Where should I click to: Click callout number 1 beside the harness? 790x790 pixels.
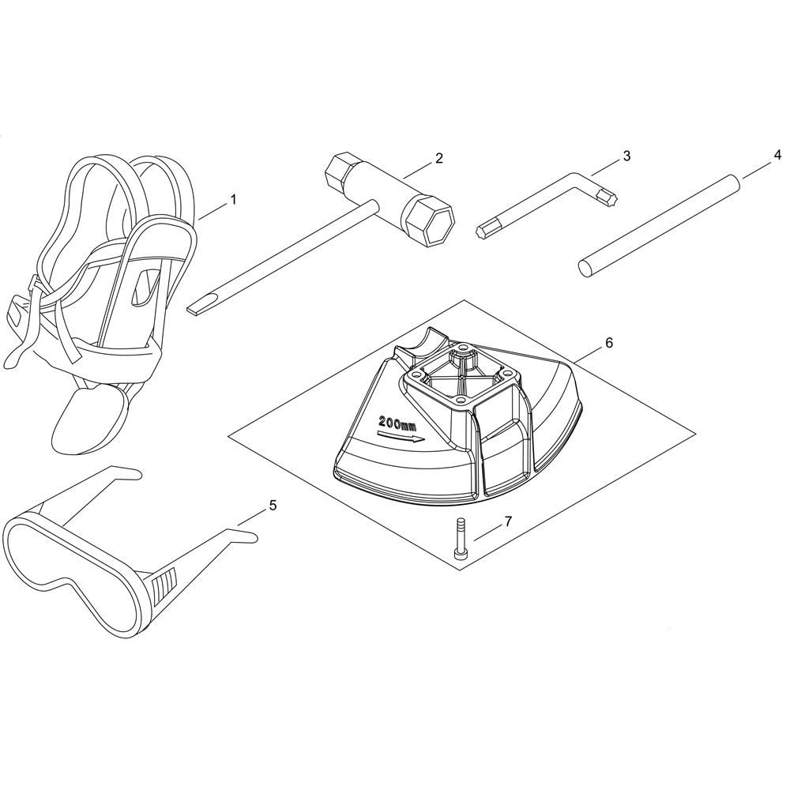(x=233, y=200)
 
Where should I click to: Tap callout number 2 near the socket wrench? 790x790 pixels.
(x=439, y=158)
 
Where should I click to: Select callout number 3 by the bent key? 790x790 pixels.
(x=626, y=156)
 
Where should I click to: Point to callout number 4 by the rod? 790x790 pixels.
(x=778, y=155)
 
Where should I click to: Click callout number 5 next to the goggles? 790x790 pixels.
(x=273, y=505)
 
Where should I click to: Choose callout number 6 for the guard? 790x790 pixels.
(x=609, y=343)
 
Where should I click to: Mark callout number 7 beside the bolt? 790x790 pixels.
(x=508, y=521)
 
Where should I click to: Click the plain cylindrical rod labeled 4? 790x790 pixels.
(x=659, y=225)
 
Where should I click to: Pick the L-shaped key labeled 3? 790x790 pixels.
(x=549, y=204)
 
